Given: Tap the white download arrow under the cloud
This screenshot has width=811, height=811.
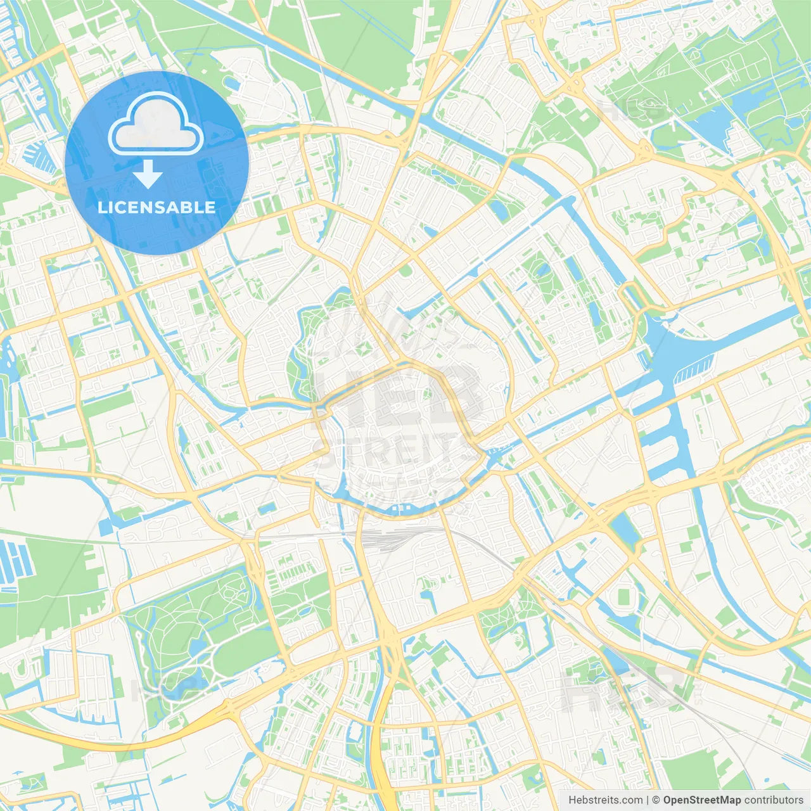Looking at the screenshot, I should (148, 174).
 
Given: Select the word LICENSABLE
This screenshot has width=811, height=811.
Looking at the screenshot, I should (156, 207).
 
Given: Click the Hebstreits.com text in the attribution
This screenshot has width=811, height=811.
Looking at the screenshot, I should (605, 800).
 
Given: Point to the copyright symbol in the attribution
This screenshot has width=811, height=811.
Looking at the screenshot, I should (656, 800).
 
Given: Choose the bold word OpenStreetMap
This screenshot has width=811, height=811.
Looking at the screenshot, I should (702, 800).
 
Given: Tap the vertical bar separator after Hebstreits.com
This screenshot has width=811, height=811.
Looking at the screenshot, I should (648, 800).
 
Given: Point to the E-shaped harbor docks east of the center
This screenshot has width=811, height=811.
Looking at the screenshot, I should (665, 437).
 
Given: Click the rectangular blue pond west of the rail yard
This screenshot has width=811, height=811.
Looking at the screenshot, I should (267, 508).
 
